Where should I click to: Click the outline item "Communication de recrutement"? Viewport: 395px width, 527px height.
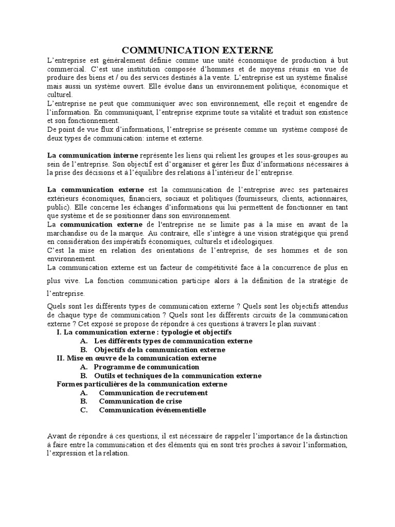[x=153, y=392]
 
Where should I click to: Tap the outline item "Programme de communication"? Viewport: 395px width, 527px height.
[x=146, y=366]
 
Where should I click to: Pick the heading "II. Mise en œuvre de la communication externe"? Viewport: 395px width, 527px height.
[x=136, y=358]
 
